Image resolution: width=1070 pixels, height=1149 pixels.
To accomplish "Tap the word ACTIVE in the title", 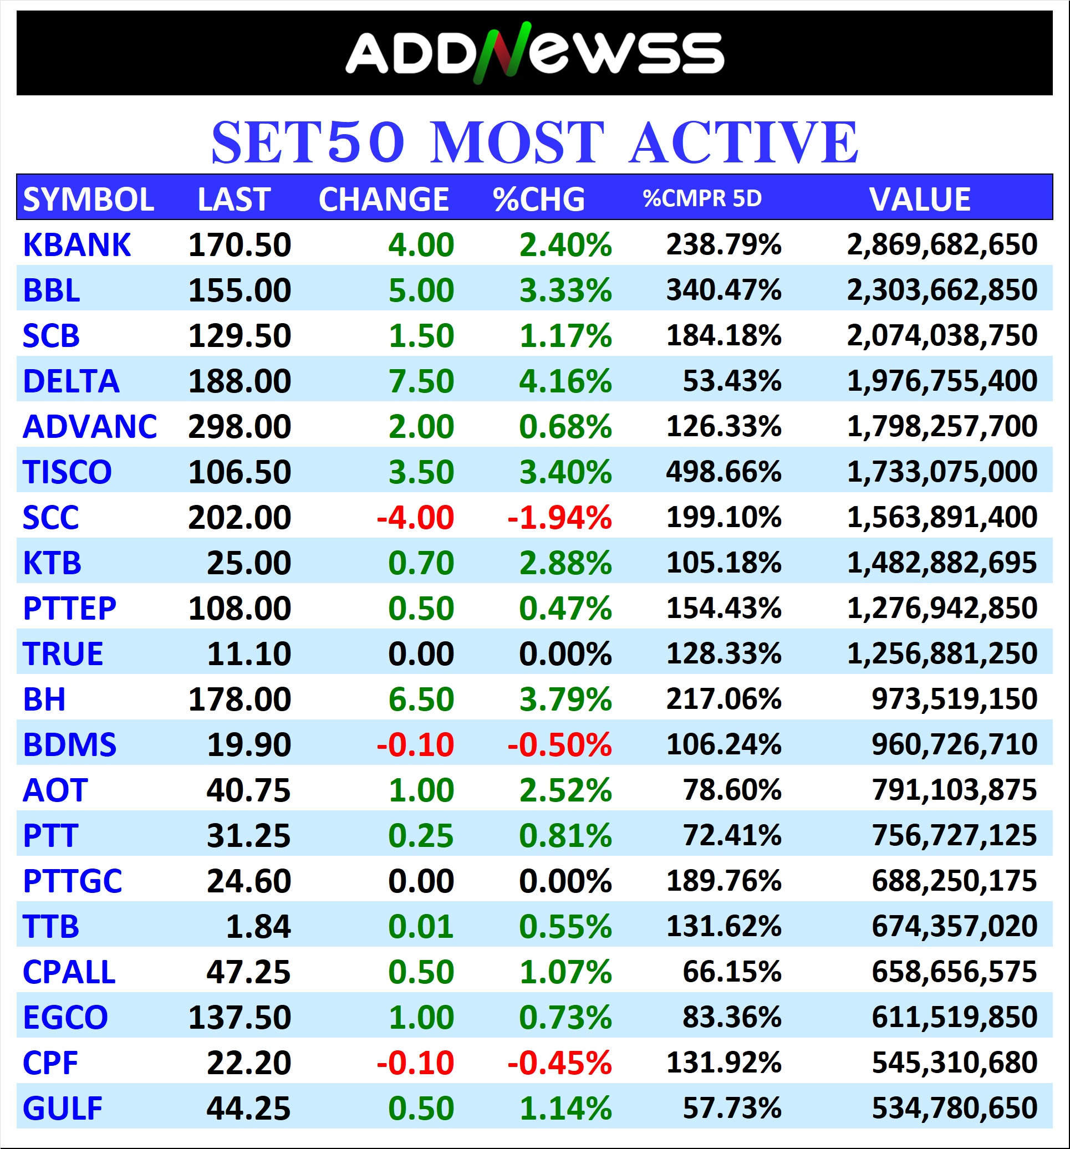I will pos(743,142).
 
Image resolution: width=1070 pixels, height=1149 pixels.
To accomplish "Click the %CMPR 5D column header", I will pos(702,198).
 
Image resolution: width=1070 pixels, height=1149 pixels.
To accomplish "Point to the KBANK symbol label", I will pos(77,244).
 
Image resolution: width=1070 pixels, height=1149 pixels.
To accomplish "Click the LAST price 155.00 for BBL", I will pos(240,290).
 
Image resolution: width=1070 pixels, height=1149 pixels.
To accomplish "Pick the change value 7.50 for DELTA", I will pos(421,381).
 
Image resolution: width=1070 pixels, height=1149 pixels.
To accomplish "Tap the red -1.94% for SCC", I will pos(559,517).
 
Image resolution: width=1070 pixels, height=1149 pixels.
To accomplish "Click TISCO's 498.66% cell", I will pos(723,472).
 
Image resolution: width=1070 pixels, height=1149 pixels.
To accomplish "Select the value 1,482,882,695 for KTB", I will pos(942,563).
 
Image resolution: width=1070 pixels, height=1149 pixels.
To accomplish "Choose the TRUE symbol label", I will pos(63,653).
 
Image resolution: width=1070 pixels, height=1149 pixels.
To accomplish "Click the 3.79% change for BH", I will pos(565,699).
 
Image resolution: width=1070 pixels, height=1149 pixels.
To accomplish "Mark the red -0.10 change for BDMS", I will pos(415,744).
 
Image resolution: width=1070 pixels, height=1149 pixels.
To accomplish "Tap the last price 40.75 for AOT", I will pos(248,790).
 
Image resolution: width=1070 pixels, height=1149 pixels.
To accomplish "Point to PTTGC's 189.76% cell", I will pos(723,881).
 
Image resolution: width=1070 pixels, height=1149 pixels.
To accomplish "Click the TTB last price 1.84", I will pos(258,927).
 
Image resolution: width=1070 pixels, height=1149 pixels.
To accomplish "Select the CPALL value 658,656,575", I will pos(954,972).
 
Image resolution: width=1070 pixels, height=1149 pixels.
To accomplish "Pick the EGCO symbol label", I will pos(65,1017).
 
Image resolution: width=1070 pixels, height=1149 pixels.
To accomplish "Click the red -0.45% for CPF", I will pos(559,1063).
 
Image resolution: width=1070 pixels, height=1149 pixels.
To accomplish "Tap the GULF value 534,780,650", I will pos(954,1108).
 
